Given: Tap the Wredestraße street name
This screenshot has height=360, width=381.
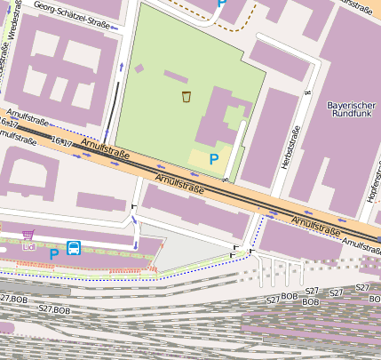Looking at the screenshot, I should tap(12, 40).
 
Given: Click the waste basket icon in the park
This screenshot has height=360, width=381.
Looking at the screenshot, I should tap(186, 96).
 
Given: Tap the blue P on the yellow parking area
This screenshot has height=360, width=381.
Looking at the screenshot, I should tap(213, 158).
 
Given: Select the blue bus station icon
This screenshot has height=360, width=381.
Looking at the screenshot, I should tap(74, 248).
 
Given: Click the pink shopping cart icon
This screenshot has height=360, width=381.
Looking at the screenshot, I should tap(28, 235).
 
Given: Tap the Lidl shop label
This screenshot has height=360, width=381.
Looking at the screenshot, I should tap(29, 246).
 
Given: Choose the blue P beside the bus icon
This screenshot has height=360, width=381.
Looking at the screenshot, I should tap(53, 253).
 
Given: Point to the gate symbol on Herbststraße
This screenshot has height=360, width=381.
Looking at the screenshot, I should tap(306, 91).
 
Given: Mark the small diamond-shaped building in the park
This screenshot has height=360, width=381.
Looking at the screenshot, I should tap(139, 68).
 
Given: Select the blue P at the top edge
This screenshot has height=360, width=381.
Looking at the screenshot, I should tap(221, 4).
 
